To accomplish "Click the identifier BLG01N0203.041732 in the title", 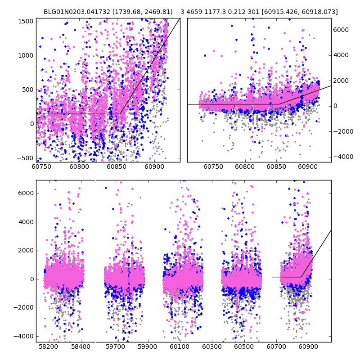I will [73, 12].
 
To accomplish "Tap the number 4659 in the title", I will [197, 12].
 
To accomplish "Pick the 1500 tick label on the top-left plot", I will [26, 21].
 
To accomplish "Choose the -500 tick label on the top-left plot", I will [26, 158].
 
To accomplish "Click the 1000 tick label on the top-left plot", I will [26, 55].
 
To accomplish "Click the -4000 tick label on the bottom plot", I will [25, 336].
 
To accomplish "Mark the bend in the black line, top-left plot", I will [120, 114].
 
